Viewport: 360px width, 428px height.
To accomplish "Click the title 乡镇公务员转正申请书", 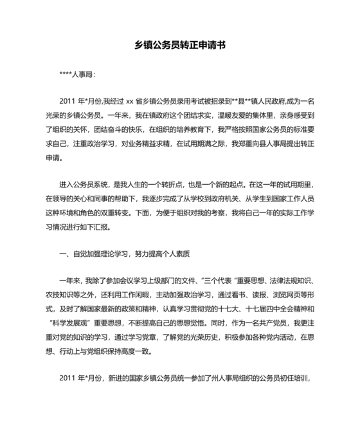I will point(179,46).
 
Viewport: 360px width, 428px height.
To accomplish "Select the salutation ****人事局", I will point(77,75).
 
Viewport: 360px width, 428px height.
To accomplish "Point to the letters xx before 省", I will point(129,102).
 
